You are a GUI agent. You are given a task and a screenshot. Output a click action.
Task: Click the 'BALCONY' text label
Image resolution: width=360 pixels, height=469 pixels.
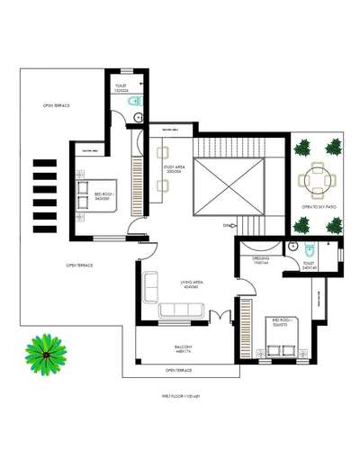pyautogui.click(x=183, y=347)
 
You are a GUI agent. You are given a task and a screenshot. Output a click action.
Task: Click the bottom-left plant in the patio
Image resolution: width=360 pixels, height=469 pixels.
pyautogui.click(x=301, y=225)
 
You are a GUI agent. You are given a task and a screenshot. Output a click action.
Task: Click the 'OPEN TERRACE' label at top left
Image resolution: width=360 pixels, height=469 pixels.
pyautogui.click(x=56, y=105)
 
